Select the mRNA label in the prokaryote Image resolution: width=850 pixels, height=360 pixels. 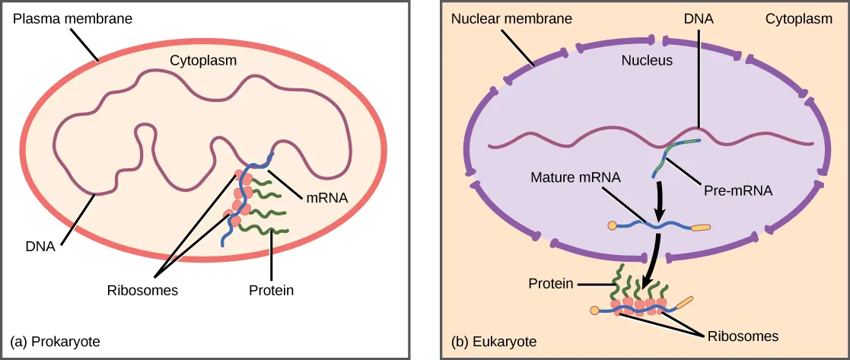[327, 197]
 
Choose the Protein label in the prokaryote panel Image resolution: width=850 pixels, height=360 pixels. [271, 290]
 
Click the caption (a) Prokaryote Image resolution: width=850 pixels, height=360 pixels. [55, 342]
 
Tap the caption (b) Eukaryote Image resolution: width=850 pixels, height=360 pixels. [494, 342]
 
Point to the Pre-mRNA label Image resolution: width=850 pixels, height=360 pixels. [739, 192]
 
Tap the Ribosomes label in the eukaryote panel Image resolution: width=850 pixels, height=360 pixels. [742, 334]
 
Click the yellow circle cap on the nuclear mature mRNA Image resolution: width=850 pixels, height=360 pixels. [613, 225]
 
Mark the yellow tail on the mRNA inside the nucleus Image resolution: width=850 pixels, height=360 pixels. [701, 226]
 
